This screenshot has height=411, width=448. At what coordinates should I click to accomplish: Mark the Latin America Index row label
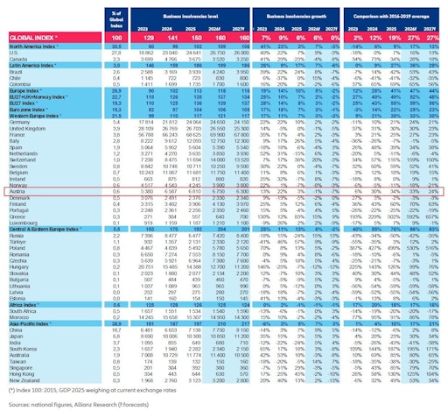coord(34,65)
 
